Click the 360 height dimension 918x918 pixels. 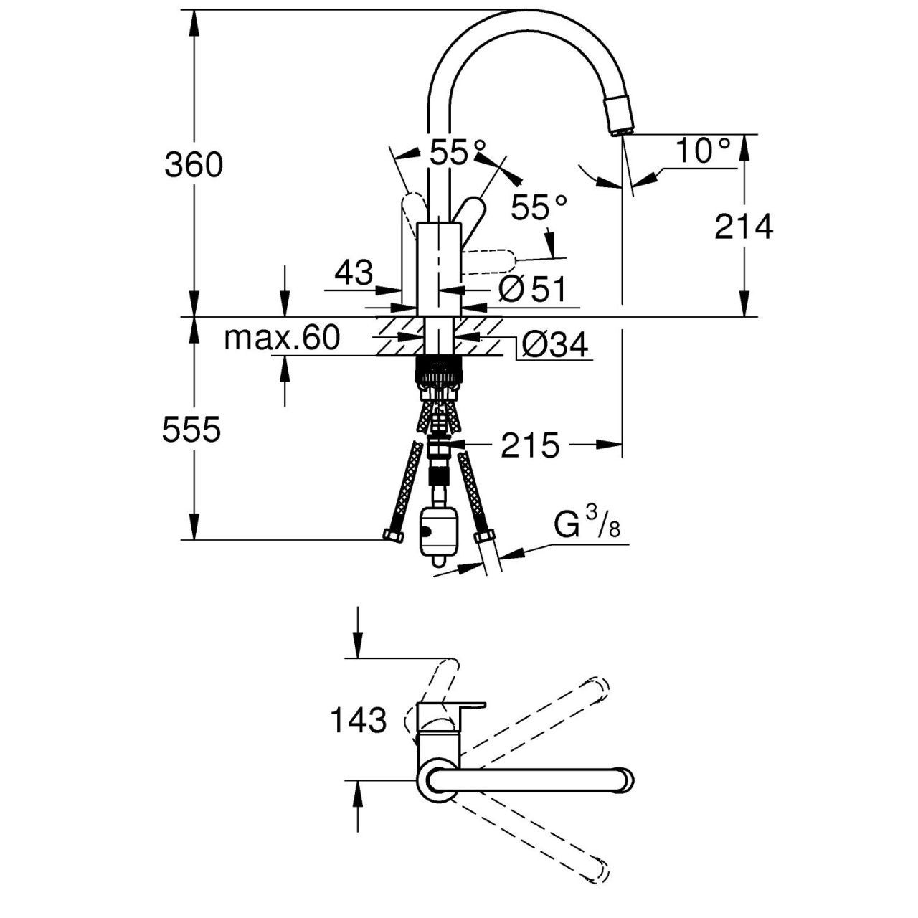194,165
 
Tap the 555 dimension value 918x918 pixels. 191,429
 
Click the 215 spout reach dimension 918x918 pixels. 530,445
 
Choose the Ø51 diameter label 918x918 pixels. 532,289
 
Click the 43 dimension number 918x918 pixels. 354,273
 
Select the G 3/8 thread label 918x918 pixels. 587,523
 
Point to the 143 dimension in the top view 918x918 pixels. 358,719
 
